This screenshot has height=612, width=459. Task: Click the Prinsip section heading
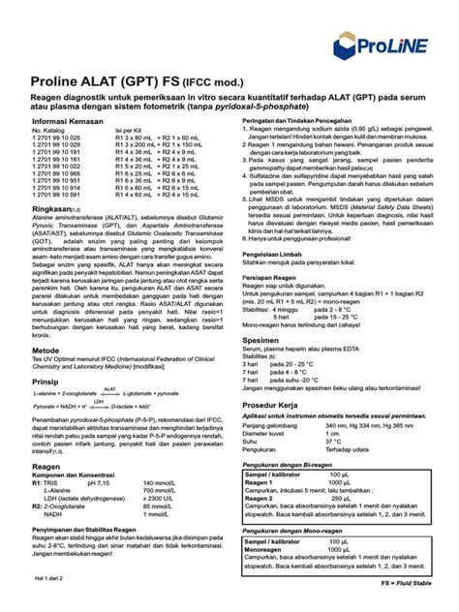[x=46, y=382]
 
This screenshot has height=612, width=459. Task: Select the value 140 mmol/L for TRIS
[x=161, y=482]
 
